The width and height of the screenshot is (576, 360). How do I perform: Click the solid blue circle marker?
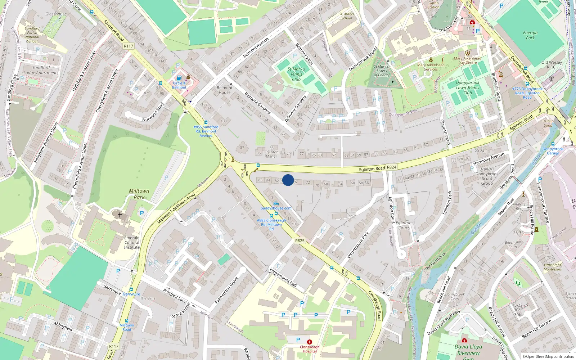(x=288, y=180)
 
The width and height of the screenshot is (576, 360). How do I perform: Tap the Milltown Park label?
(x=139, y=194)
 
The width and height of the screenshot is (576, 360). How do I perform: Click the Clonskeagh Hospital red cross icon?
(x=309, y=342)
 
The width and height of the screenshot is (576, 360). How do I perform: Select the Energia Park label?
(x=530, y=35)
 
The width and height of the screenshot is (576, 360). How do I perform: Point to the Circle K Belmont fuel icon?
(x=179, y=78)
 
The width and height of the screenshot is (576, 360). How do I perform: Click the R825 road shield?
(x=300, y=241)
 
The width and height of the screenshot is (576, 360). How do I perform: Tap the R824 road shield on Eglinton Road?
(x=391, y=167)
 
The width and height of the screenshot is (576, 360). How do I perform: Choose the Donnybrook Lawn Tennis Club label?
(x=468, y=87)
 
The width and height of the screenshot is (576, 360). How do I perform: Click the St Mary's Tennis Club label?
(x=296, y=74)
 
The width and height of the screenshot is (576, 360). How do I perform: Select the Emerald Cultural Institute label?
(x=132, y=242)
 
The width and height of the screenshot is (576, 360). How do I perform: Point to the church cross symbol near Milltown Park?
(x=120, y=215)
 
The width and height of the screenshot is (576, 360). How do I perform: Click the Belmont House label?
(x=225, y=90)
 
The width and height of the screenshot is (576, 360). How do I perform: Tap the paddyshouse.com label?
(x=276, y=208)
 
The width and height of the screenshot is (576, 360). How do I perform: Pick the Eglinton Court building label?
(x=404, y=225)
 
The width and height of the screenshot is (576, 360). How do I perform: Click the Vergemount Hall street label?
(x=283, y=278)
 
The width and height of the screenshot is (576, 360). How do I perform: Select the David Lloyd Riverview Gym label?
(x=468, y=350)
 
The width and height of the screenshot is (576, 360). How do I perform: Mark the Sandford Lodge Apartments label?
(x=41, y=70)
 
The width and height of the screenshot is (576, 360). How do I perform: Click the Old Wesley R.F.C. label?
(x=552, y=64)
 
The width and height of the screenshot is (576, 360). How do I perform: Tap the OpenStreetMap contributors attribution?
(x=548, y=357)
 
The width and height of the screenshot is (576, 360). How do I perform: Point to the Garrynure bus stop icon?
(x=131, y=289)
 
